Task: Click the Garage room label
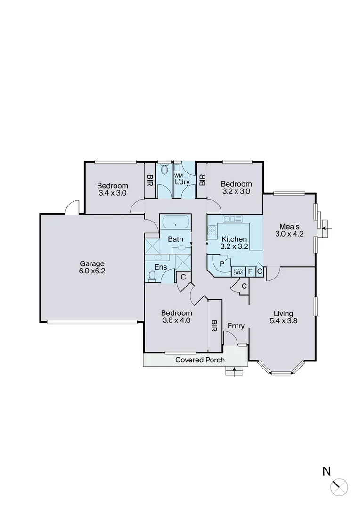(91, 267)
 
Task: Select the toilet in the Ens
(152, 276)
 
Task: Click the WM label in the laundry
(179, 176)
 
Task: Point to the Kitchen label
(234, 239)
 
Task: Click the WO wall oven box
(238, 272)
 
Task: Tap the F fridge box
(250, 271)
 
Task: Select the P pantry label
(221, 264)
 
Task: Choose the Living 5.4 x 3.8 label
(283, 317)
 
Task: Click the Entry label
(236, 326)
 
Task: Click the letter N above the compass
(326, 470)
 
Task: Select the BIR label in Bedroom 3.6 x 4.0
(214, 325)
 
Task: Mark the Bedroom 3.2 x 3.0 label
(236, 188)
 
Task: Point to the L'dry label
(182, 182)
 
